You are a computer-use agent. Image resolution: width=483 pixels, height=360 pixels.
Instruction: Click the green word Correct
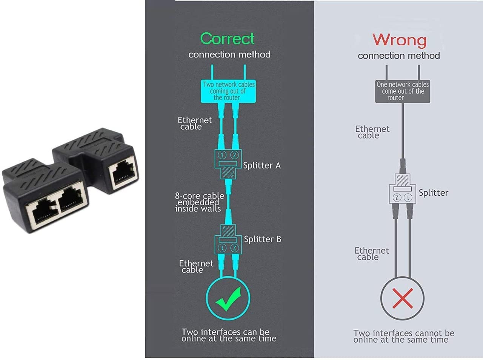pyautogui.click(x=227, y=38)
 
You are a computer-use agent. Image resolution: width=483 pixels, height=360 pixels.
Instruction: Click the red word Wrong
pyautogui.click(x=399, y=40)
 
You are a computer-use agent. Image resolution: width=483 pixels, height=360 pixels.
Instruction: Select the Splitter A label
pyautogui.click(x=262, y=165)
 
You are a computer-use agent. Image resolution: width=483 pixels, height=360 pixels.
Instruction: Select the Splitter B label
pyautogui.click(x=263, y=239)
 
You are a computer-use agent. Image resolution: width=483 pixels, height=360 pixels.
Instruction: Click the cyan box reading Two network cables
pyautogui.click(x=228, y=91)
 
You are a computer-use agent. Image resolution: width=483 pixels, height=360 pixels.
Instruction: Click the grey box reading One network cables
pyautogui.click(x=403, y=91)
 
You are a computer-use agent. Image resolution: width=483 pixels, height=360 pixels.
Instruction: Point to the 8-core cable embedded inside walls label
pyautogui.click(x=198, y=202)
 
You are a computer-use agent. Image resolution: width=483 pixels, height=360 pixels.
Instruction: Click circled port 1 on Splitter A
pyautogui.click(x=222, y=155)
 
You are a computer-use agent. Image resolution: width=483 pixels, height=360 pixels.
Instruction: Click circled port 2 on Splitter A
pyautogui.click(x=234, y=155)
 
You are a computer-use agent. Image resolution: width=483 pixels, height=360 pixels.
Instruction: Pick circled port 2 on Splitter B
pyautogui.click(x=234, y=248)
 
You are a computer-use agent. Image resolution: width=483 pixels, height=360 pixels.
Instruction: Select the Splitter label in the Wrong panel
pyautogui.click(x=434, y=193)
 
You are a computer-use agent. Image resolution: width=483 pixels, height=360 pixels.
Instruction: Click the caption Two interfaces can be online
pyautogui.click(x=228, y=335)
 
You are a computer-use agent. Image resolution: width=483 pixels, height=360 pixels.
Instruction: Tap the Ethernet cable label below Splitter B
pyautogui.click(x=195, y=266)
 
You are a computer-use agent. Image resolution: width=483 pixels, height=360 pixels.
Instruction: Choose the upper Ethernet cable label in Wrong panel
pyautogui.click(x=372, y=132)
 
